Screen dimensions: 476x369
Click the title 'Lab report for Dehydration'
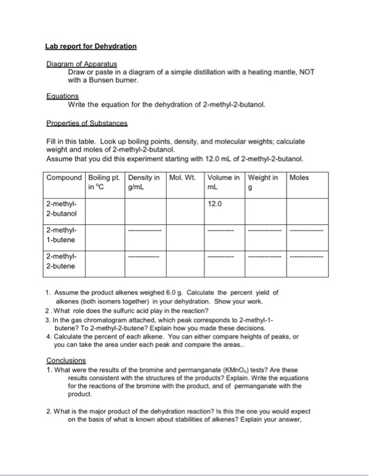[x=91, y=46]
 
